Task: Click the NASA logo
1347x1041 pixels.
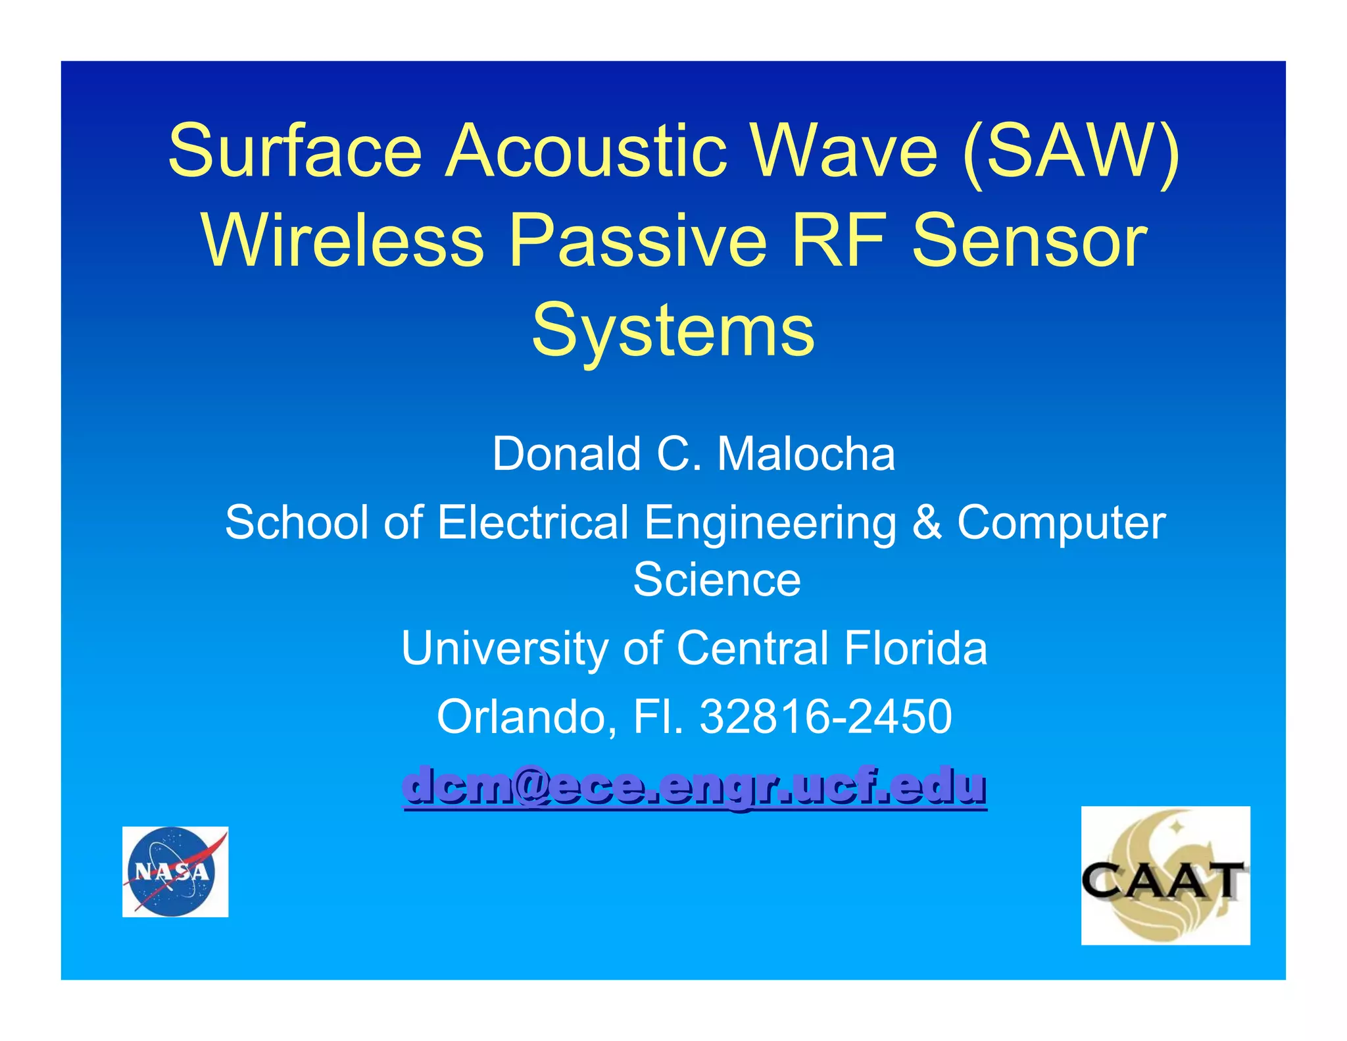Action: coord(175,872)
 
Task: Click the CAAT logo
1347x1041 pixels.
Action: coord(1165,876)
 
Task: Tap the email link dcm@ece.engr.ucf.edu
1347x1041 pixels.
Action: coord(695,786)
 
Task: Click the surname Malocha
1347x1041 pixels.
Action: coord(806,454)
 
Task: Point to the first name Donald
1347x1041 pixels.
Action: coord(566,454)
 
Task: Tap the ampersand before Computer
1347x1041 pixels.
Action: coord(926,522)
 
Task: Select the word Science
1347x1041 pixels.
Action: coord(717,580)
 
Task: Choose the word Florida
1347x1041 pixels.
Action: coord(916,648)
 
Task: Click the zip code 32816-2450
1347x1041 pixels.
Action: coord(825,717)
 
